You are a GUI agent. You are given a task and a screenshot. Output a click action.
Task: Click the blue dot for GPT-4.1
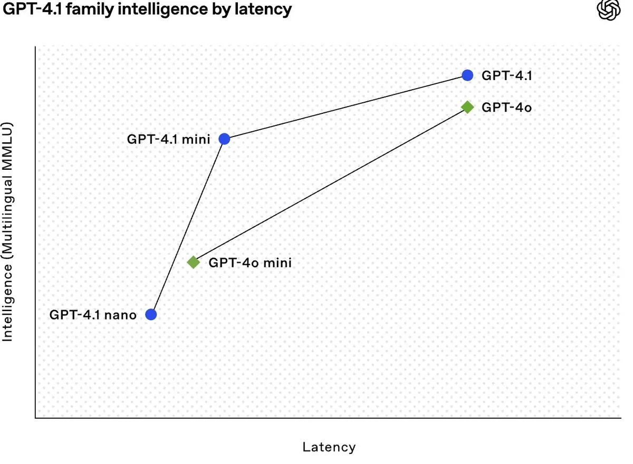467,75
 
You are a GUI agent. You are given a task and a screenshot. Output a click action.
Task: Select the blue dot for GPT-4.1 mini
224,139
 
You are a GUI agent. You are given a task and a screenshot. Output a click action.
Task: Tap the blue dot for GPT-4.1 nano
151,314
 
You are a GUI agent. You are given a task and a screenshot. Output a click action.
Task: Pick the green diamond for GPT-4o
467,108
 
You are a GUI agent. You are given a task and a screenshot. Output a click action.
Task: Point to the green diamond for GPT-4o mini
194,263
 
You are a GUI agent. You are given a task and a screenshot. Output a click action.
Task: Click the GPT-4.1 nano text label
93,315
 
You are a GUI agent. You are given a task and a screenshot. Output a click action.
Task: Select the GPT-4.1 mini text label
169,139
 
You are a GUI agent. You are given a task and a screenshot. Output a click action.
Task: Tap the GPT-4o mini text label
250,263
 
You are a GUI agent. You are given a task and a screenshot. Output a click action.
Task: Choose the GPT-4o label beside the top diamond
507,108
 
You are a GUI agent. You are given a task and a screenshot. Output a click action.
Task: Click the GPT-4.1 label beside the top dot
507,76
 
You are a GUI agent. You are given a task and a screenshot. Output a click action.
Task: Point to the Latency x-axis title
329,447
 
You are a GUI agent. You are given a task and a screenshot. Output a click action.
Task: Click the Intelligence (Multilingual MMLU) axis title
7,231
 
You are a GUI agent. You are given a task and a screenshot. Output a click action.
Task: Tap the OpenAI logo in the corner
609,10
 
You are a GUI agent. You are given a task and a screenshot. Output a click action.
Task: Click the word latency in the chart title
263,9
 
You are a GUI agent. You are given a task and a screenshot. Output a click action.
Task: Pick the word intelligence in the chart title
163,9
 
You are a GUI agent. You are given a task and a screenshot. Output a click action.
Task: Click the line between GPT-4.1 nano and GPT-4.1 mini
188,227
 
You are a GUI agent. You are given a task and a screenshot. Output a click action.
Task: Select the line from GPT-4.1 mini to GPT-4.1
346,108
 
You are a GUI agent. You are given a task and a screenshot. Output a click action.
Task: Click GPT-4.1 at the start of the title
33,9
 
